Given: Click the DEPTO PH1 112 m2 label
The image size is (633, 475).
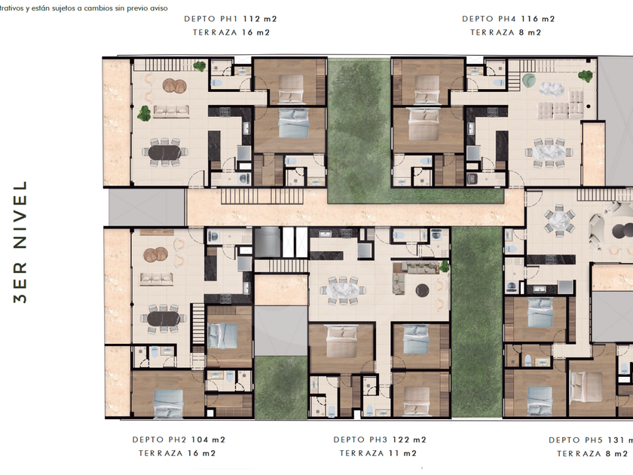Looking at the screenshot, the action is coord(231,19).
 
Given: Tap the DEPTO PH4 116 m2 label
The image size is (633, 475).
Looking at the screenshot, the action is coord(508,19).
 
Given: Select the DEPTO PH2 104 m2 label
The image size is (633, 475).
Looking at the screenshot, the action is coord(179,440).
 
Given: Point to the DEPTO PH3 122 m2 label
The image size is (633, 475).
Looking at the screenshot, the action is coord(380,440).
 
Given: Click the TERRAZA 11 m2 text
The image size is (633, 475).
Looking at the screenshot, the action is coord(378,454).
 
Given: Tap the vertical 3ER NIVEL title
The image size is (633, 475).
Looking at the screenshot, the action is coord(20,242).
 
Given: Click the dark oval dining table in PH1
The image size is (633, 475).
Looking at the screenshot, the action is coord(165,152).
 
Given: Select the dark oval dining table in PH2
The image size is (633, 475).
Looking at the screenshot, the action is coord(163,319).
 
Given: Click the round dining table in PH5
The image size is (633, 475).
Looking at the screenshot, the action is coord(559,220).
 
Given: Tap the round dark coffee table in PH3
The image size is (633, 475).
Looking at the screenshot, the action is coord(422,290).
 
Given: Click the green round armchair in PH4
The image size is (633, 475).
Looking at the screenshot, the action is coord(529,80).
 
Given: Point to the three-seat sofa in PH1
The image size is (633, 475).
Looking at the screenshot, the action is coord(171,111).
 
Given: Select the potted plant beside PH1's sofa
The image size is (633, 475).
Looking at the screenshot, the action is coord(144,114).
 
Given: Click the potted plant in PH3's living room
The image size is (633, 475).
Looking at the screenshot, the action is coord(445,267).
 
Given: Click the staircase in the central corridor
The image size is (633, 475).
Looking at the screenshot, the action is coord(262,196).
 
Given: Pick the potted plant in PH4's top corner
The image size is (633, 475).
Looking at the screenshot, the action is coord(586,75).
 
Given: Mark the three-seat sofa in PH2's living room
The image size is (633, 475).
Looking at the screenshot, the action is coord(157,278).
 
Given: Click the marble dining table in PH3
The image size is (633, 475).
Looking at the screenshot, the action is coord(343,290).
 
